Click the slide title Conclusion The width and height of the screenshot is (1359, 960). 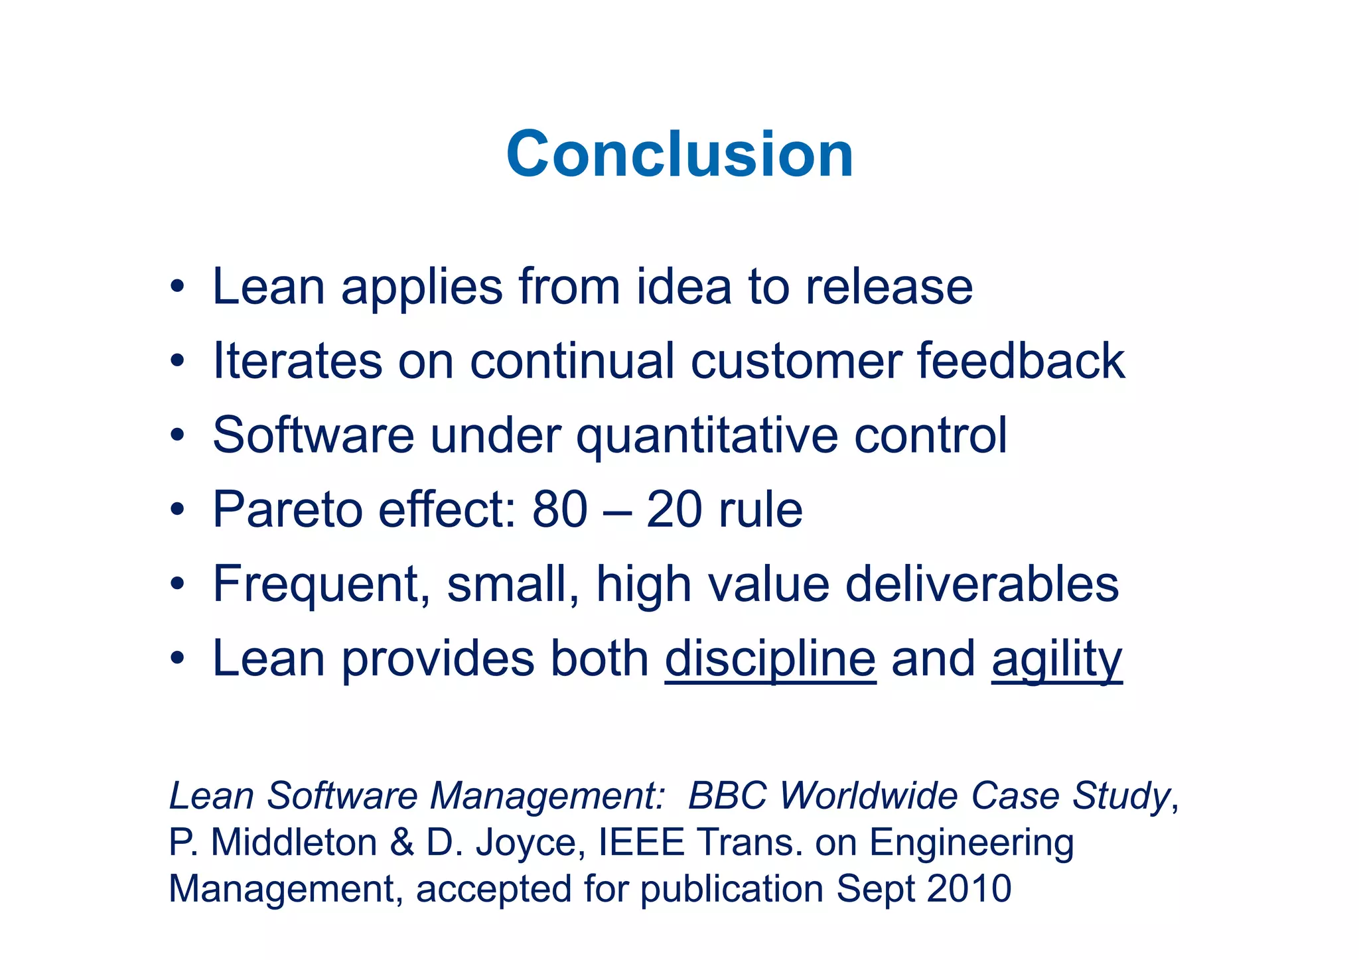click(x=679, y=155)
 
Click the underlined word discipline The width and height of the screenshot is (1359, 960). click(x=770, y=659)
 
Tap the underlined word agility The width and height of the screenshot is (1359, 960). click(x=1056, y=659)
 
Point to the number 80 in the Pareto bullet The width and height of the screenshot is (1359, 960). click(x=559, y=510)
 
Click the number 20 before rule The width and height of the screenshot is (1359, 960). click(x=674, y=510)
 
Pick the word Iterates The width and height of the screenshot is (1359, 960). click(x=297, y=362)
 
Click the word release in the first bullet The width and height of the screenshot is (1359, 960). click(x=889, y=287)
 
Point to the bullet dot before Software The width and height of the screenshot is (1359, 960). click(x=177, y=437)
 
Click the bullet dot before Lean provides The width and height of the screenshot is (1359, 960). click(x=177, y=659)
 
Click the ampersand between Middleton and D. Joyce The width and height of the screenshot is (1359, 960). click(x=402, y=843)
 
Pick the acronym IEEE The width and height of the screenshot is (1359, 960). click(x=641, y=843)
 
